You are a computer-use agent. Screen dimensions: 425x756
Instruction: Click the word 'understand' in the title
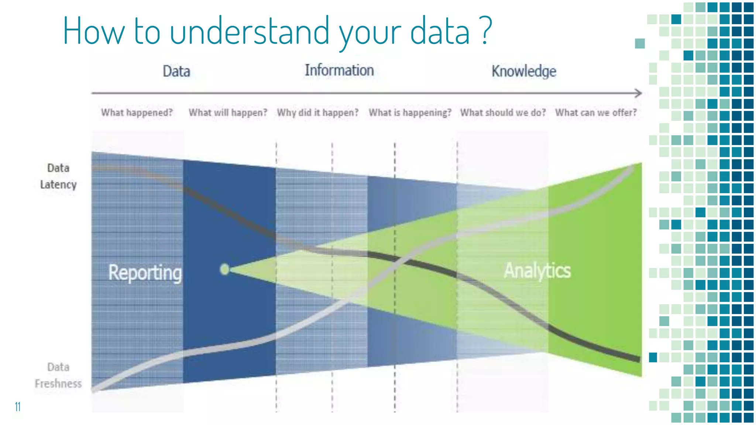coord(250,31)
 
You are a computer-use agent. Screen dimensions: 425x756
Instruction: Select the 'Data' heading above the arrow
coord(176,71)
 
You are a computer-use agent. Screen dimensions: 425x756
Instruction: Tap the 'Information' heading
coord(339,70)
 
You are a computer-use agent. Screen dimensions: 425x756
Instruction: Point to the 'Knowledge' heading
coord(523,71)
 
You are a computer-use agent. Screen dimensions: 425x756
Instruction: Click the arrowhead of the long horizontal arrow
coord(638,93)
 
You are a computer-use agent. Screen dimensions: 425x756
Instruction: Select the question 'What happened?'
coord(137,113)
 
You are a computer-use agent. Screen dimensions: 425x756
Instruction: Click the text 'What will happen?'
coord(228,113)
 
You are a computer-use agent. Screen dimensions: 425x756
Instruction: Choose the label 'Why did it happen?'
coord(317,113)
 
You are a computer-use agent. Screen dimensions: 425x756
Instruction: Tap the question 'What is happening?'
coord(410,113)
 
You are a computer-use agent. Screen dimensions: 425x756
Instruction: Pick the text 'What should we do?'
coord(503,113)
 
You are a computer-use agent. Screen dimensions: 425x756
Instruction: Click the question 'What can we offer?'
coord(596,113)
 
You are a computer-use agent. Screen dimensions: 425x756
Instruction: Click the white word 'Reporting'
coord(145,273)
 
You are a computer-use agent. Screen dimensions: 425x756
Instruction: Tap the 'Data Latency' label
coord(58,176)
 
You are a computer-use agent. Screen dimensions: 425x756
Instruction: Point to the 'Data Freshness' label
coord(58,375)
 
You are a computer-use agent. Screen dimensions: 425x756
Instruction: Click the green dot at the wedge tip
coord(224,269)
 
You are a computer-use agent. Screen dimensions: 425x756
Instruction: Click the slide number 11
coord(17,407)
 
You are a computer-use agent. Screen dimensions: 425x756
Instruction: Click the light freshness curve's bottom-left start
coord(94,388)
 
